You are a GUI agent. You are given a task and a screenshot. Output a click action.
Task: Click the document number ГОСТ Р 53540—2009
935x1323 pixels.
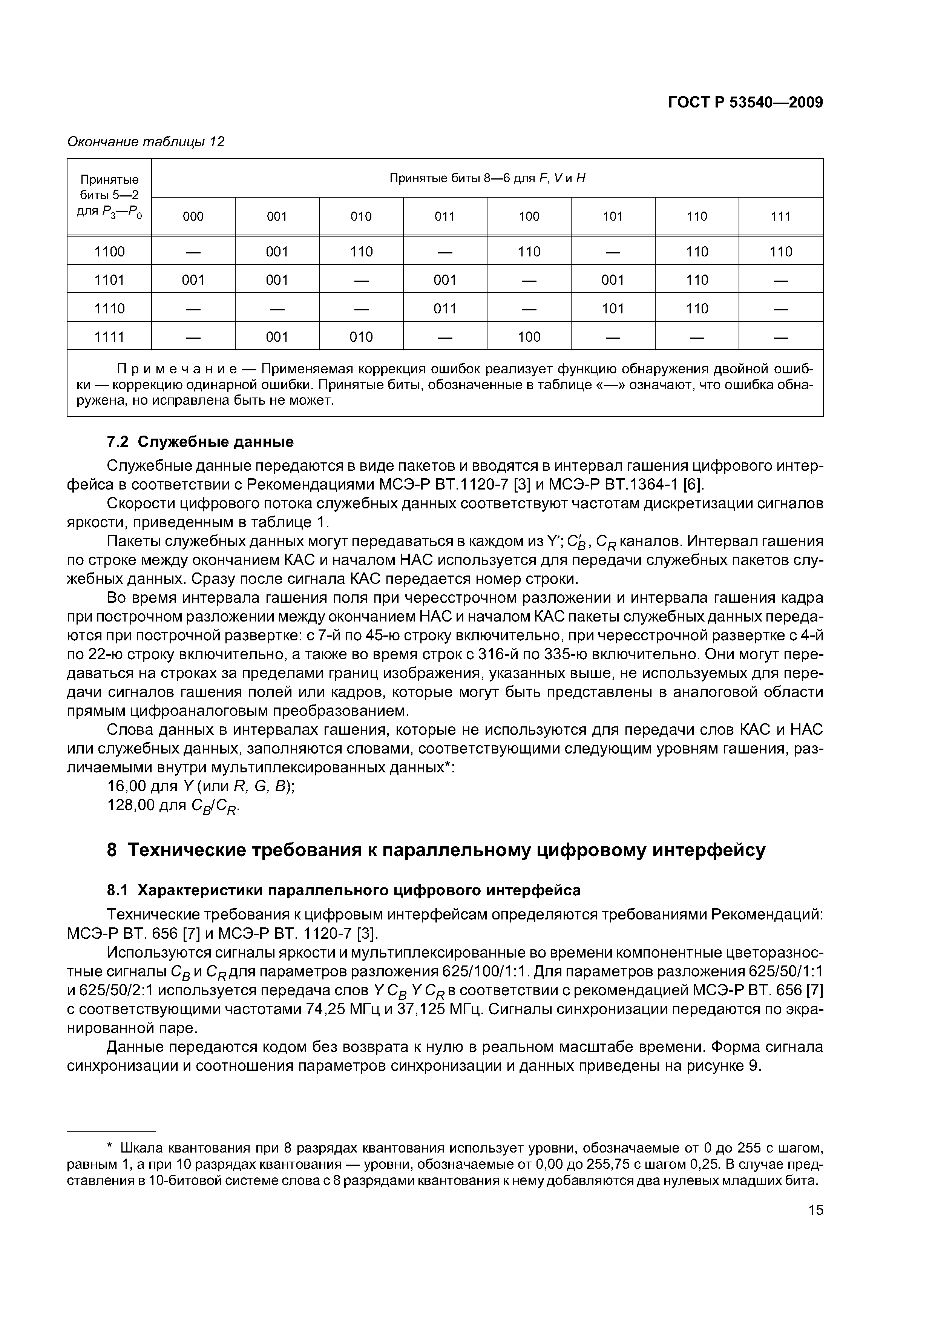pyautogui.click(x=745, y=103)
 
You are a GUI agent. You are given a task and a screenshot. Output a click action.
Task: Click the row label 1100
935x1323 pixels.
pyautogui.click(x=109, y=252)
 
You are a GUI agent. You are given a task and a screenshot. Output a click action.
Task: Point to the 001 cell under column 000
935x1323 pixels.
pyautogui.click(x=193, y=280)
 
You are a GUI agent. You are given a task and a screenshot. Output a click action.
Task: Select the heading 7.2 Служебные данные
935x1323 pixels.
pyautogui.click(x=200, y=442)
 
